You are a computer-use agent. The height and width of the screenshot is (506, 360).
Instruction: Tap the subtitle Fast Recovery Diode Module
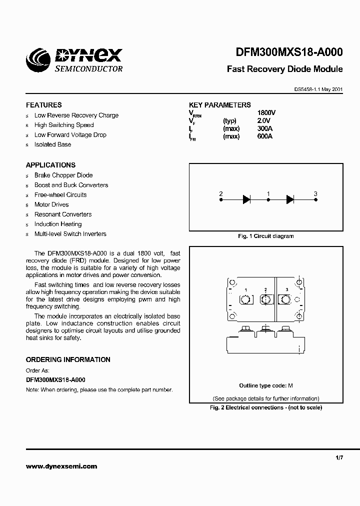click(x=285, y=69)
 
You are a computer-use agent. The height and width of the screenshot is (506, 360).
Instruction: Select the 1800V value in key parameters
click(x=266, y=113)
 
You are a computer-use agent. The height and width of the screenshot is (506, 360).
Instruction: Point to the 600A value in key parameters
click(x=264, y=136)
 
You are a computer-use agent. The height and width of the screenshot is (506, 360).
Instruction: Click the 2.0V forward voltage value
click(x=263, y=121)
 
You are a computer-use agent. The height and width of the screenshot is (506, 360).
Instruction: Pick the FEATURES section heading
click(x=44, y=105)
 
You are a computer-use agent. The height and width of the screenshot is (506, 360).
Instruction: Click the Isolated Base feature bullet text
click(x=52, y=144)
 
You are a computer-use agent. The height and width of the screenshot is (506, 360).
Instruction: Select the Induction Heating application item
click(x=58, y=224)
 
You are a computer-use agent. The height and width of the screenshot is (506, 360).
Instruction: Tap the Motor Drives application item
click(x=51, y=204)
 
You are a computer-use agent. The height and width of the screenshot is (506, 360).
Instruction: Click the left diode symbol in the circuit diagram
click(x=246, y=199)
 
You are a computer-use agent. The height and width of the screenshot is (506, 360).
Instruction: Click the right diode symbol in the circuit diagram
click(x=290, y=199)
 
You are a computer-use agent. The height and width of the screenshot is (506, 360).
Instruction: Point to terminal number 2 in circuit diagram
click(x=221, y=193)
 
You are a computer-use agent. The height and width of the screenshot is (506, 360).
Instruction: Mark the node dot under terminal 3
click(x=315, y=199)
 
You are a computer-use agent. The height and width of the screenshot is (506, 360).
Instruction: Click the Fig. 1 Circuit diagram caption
click(x=265, y=236)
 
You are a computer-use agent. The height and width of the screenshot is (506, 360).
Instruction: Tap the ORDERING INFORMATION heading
click(x=68, y=359)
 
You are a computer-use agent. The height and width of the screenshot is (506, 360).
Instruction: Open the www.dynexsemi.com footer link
click(x=61, y=466)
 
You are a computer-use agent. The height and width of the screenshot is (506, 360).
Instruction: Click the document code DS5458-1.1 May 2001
click(x=318, y=89)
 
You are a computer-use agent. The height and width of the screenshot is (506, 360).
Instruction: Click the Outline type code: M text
click(x=265, y=385)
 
